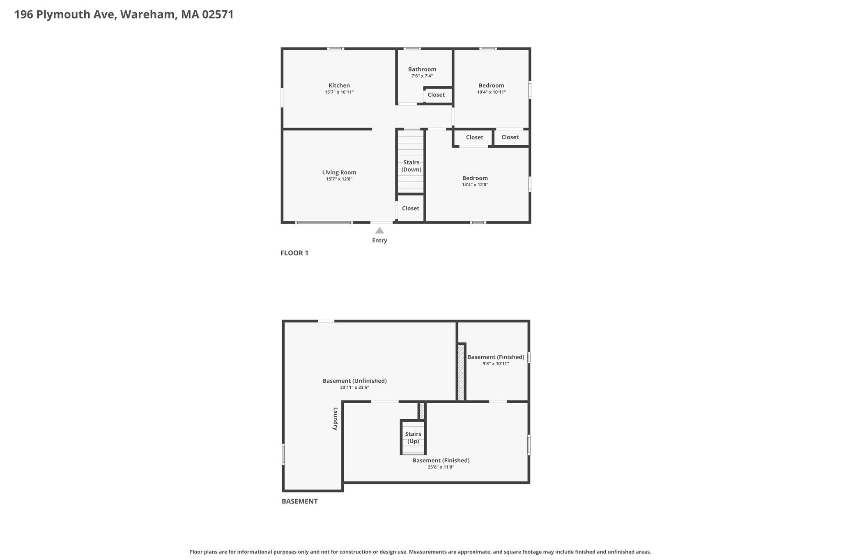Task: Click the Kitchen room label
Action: pyautogui.click(x=339, y=86)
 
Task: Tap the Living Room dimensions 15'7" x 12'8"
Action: pyautogui.click(x=339, y=179)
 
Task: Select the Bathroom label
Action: pyautogui.click(x=422, y=69)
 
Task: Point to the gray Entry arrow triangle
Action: pyautogui.click(x=379, y=231)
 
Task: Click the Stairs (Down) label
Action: pyautogui.click(x=411, y=166)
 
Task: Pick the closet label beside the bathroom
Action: pyautogui.click(x=436, y=95)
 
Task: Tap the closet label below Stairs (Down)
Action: pyautogui.click(x=411, y=208)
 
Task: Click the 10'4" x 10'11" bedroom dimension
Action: pyautogui.click(x=492, y=92)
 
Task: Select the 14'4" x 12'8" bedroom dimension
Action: pyautogui.click(x=475, y=185)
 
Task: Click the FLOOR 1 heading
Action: pyautogui.click(x=294, y=253)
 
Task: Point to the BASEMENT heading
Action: pyautogui.click(x=300, y=501)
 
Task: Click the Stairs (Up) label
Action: pyautogui.click(x=413, y=438)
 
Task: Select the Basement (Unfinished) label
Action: pyautogui.click(x=355, y=381)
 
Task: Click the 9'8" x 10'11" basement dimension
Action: pyautogui.click(x=496, y=363)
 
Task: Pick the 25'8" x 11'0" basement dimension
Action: pyautogui.click(x=441, y=467)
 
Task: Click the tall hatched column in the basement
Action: pyautogui.click(x=461, y=373)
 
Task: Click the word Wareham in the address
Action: pyautogui.click(x=149, y=15)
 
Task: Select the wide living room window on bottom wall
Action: pyautogui.click(x=324, y=222)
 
